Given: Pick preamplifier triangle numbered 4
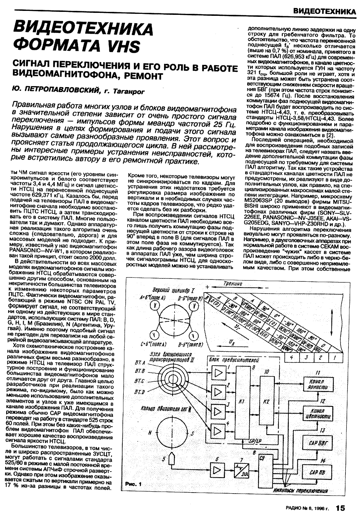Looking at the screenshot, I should click(218, 430).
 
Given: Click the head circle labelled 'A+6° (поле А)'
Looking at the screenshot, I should click(154, 306).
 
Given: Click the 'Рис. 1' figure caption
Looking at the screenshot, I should click(133, 484).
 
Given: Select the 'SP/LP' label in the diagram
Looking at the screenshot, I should click(253, 441).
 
